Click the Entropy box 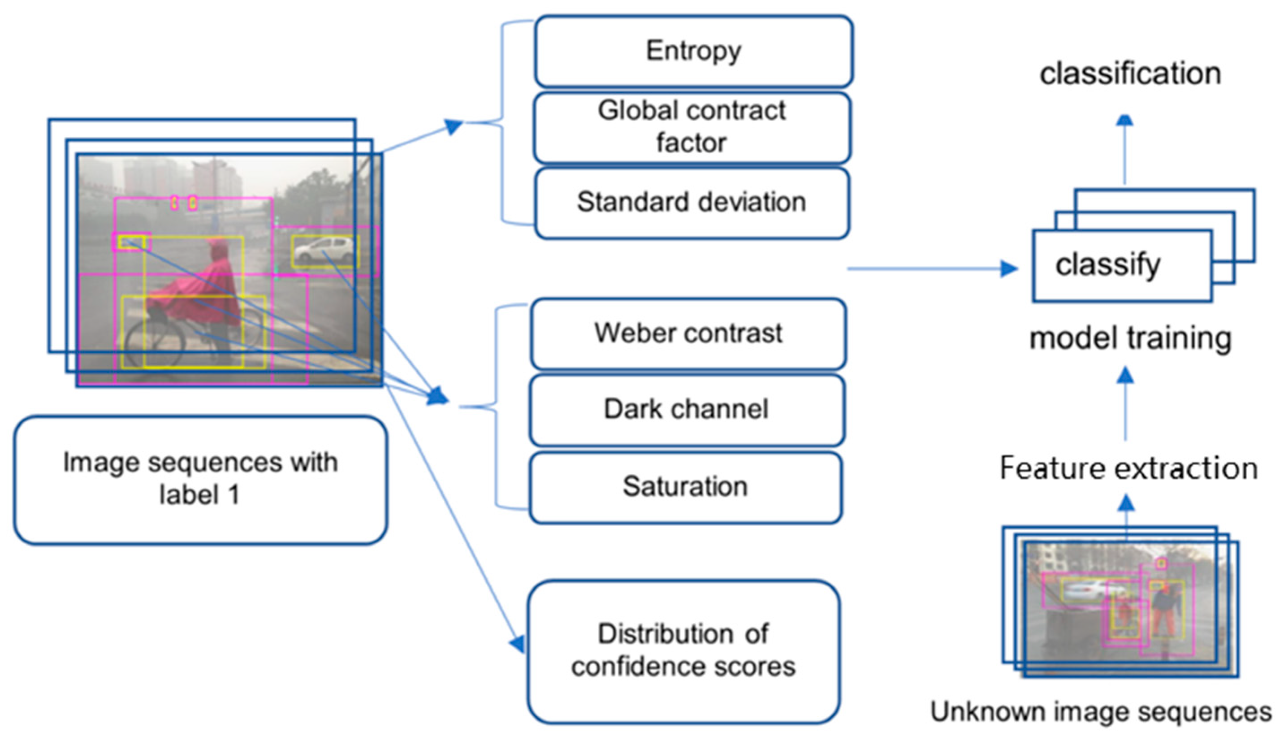[x=693, y=51]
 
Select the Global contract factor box [x=692, y=127]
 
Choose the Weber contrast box [x=688, y=333]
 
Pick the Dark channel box [x=686, y=409]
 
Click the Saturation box [x=685, y=487]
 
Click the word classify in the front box [x=1107, y=265]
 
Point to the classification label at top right [x=1130, y=74]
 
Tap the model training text [x=1130, y=338]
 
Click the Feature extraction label [x=1128, y=468]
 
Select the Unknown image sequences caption [x=1101, y=712]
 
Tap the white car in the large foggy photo [x=324, y=250]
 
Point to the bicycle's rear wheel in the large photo [x=154, y=343]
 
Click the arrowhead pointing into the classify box [x=1009, y=268]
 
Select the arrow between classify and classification [x=1125, y=152]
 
